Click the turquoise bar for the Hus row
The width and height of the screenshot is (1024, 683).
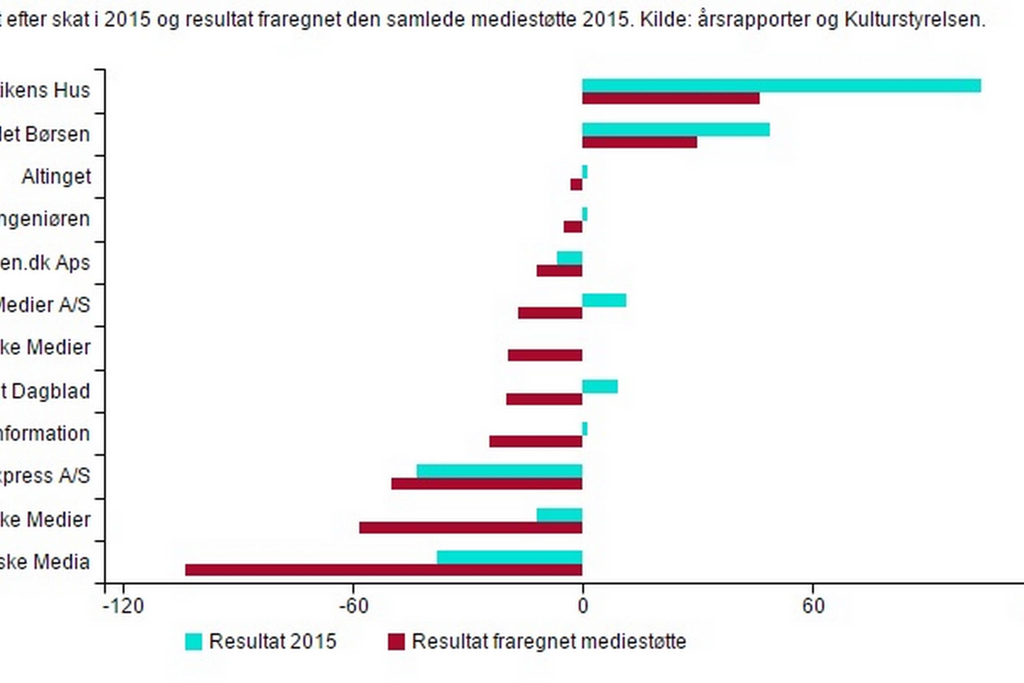pos(782,86)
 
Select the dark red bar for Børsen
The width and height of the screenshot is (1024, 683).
pos(640,142)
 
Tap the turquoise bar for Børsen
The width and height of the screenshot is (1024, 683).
pos(676,130)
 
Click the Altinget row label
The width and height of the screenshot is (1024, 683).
pos(56,177)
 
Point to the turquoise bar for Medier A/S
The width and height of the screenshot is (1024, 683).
pos(604,300)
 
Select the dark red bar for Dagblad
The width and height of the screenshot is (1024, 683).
pos(544,399)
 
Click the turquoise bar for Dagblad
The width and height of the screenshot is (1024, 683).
pos(600,387)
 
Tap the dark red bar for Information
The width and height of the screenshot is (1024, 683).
pos(536,442)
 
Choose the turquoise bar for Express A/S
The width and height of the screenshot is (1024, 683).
pos(499,471)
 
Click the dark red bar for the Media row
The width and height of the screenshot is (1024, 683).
pos(384,570)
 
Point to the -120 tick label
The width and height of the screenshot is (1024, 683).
pos(124,606)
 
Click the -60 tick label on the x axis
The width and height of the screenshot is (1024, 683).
pos(354,606)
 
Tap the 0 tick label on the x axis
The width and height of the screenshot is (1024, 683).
pos(583,606)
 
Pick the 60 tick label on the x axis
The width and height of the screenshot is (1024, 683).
pos(813,606)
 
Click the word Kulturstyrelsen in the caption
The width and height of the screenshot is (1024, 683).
pos(914,20)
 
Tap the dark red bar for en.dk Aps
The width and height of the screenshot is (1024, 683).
pos(560,271)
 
